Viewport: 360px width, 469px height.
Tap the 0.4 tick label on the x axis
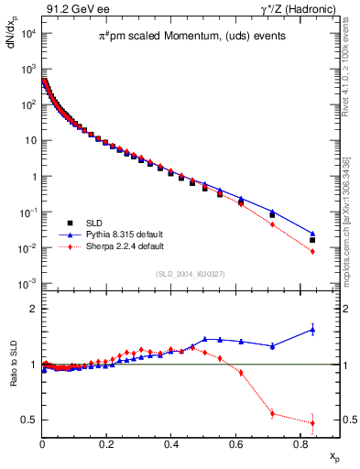pos(171,443)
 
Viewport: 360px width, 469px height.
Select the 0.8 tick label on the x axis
pos(300,443)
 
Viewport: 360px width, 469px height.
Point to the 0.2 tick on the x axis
pos(107,443)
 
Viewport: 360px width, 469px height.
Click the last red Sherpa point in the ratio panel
pos(312,422)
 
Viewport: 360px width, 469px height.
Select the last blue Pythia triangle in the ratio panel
pos(312,329)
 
